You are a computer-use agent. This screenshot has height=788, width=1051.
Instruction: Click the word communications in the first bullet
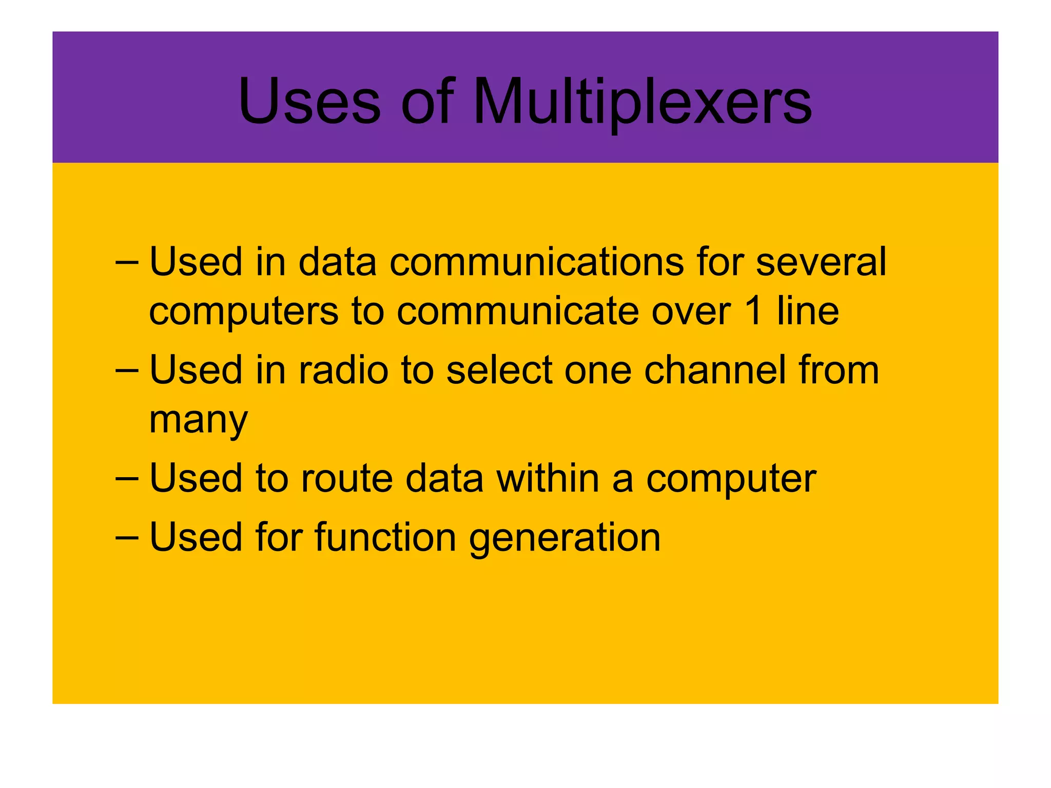click(x=537, y=262)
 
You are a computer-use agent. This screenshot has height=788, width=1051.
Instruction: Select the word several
click(x=821, y=262)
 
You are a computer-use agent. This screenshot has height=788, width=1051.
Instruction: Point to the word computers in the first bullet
click(x=244, y=311)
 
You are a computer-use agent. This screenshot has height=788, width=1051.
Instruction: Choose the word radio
click(x=343, y=370)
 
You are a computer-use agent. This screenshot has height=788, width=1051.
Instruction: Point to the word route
click(x=347, y=478)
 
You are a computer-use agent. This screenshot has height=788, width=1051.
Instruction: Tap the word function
click(x=385, y=537)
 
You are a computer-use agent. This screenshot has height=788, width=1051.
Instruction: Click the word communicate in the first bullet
click(x=518, y=311)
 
